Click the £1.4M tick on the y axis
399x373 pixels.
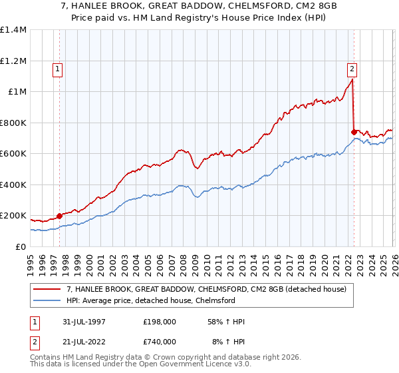pyautogui.click(x=13, y=30)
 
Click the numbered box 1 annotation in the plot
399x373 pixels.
pyautogui.click(x=57, y=68)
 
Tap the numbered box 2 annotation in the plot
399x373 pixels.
pyautogui.click(x=351, y=68)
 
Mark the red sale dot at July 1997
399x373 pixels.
pyautogui.click(x=60, y=216)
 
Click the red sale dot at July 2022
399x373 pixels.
pyautogui.click(x=354, y=132)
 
